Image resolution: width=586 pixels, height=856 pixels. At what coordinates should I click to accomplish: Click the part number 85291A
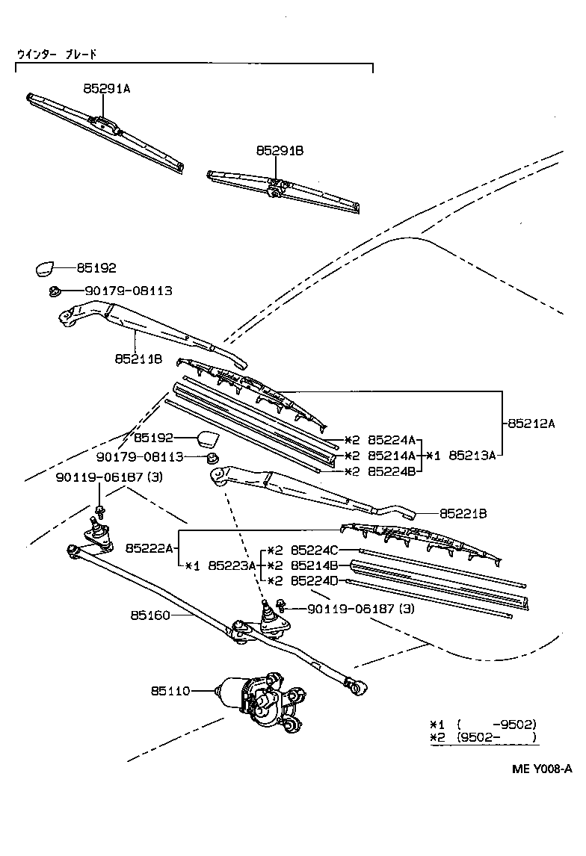tap(106, 88)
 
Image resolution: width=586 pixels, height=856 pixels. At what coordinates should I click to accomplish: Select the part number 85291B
tap(280, 151)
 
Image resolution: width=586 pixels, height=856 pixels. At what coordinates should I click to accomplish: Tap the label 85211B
tap(138, 359)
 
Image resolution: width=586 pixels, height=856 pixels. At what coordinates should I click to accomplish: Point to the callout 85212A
tap(531, 423)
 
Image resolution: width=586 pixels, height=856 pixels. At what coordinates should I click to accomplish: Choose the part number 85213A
tap(472, 455)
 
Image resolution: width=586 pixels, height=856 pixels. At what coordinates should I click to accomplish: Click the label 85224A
tap(391, 440)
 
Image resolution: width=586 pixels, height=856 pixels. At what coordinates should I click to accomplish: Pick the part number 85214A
tap(391, 455)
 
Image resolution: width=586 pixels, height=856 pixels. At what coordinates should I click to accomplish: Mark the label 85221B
tap(463, 514)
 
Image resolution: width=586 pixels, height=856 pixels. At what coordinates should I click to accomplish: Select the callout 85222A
tap(149, 548)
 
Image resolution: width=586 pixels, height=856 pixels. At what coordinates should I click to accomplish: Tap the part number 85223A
tap(232, 565)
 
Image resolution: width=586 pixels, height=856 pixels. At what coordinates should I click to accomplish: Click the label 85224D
tap(315, 580)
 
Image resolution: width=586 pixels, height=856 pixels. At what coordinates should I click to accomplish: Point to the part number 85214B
tap(315, 565)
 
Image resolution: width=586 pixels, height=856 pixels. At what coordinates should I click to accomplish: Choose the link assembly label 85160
tap(150, 615)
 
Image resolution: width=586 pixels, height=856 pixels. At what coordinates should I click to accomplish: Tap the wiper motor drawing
tap(258, 698)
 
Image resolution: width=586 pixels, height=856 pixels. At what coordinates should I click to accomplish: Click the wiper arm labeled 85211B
tap(149, 322)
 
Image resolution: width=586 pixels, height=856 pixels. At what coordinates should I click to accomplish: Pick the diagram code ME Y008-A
tap(542, 769)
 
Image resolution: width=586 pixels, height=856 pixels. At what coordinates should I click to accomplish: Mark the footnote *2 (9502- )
tap(483, 737)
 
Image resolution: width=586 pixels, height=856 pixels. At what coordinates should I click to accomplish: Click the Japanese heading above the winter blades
tap(57, 55)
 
